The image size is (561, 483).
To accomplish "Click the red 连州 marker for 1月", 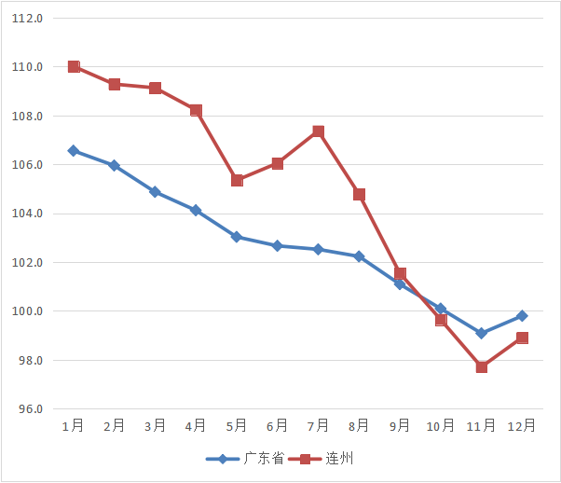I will (x=74, y=66).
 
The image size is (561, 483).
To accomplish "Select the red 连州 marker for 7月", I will (x=319, y=131).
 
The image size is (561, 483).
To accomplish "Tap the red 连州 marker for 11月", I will (x=482, y=366).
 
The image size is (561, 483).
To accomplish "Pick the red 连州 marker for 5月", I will (x=237, y=180).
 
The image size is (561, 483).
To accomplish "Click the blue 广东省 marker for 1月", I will (x=74, y=150).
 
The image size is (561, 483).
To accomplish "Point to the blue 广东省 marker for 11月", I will (x=482, y=333).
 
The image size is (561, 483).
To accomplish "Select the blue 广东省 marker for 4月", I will (x=196, y=210).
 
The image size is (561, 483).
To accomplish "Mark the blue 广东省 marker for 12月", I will (x=522, y=316).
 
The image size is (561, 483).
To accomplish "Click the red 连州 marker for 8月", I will (x=359, y=194).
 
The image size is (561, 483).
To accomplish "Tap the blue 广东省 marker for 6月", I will (x=278, y=245).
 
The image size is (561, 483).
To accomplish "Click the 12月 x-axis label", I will (x=522, y=426).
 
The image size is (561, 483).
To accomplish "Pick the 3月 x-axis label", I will (x=155, y=426).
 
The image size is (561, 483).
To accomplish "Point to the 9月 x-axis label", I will (x=400, y=426).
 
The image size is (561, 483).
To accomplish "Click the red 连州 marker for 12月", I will (x=522, y=338).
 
